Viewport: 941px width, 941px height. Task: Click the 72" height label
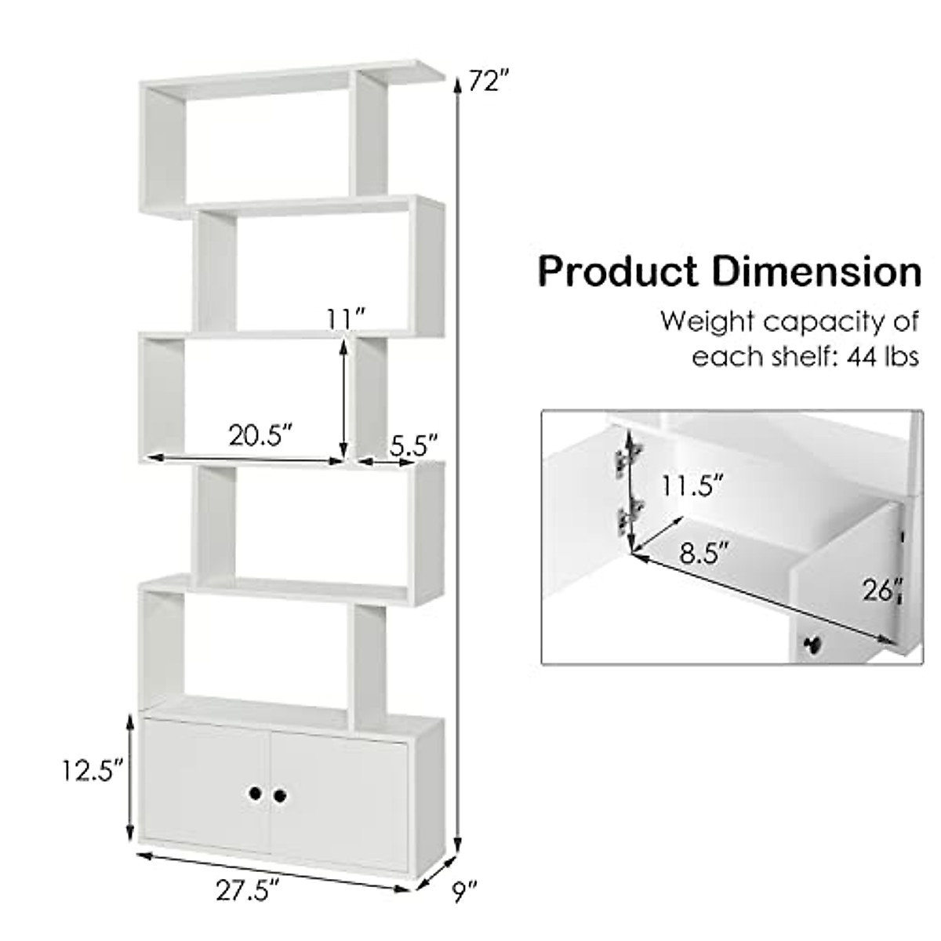pos(489,81)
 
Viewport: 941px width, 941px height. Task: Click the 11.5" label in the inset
pos(691,486)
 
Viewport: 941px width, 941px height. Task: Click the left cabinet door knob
pos(256,795)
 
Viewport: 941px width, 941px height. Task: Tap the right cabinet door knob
pos(280,795)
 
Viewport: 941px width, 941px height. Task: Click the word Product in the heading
pos(618,272)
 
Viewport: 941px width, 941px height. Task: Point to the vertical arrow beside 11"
pos(343,400)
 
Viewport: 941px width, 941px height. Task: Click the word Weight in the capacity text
pos(707,322)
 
